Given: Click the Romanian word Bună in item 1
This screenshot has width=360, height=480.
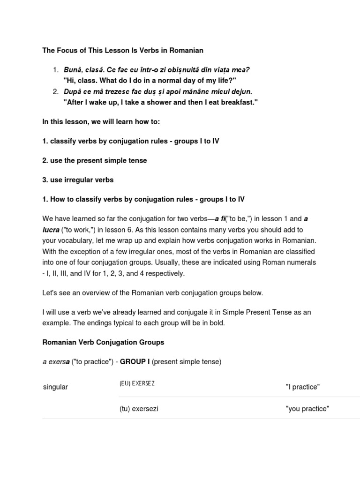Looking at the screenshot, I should tap(72, 70).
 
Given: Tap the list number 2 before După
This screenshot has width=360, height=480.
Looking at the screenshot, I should tap(55, 91).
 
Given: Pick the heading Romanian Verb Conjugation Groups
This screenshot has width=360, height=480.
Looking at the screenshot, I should tap(103, 342).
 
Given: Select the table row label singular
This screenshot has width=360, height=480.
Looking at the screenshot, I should tap(55, 387).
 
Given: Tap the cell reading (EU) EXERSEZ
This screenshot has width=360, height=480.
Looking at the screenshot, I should tap(137, 383).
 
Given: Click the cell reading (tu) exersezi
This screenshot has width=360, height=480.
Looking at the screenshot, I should tap(139, 409).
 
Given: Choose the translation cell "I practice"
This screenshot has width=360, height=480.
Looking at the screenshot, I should tap(302, 387).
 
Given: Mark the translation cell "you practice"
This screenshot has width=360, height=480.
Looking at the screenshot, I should tap(307, 409).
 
